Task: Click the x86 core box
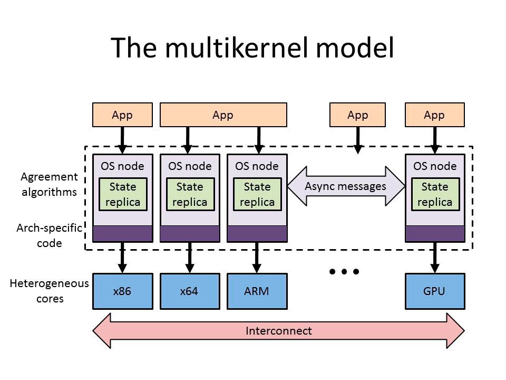(x=122, y=291)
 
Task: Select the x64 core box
(x=189, y=291)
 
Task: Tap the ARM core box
(x=257, y=291)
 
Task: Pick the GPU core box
(x=434, y=291)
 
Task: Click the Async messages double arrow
(x=345, y=186)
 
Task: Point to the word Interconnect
(x=278, y=331)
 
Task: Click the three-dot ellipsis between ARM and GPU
(x=344, y=272)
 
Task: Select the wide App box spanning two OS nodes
(x=223, y=115)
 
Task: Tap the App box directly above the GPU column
(x=434, y=115)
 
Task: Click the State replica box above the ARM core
(x=257, y=194)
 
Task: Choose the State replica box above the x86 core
(x=122, y=194)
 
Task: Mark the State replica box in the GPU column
(x=434, y=194)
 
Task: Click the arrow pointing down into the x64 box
(x=189, y=258)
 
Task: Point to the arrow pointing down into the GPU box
(x=435, y=258)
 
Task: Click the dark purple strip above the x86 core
(x=122, y=233)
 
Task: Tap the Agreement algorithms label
(x=50, y=184)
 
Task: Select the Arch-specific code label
(x=50, y=235)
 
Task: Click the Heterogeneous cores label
(x=50, y=291)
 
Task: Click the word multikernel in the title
(x=242, y=48)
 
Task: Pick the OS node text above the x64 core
(x=189, y=166)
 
